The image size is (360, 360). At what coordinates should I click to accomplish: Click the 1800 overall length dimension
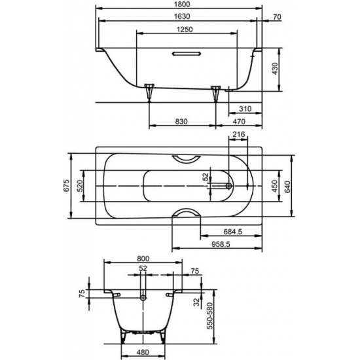(x=180, y=5)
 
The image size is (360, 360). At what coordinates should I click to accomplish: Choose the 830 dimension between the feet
(x=182, y=122)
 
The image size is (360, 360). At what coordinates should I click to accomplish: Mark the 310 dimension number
(x=245, y=108)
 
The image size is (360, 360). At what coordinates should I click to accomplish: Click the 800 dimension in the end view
(x=143, y=259)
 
